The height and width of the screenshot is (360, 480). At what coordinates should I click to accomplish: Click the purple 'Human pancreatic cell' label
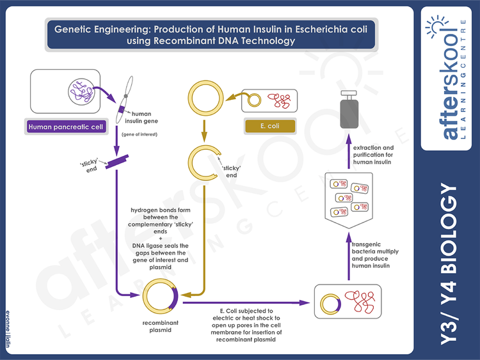tap(65, 126)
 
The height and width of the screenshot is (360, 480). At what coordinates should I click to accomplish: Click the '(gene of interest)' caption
tap(139, 134)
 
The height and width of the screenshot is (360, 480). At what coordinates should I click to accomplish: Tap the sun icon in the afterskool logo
tap(445, 27)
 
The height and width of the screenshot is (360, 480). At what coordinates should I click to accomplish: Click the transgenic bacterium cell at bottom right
tap(348, 301)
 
